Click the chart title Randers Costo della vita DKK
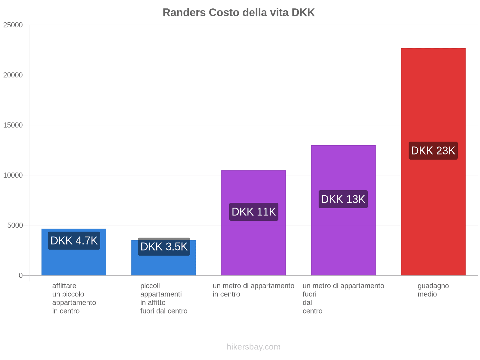pos(238,13)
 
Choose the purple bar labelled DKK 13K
pos(343,240)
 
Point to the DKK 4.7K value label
pos(74,241)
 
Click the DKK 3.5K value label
pos(164,247)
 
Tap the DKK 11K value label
pos(253,212)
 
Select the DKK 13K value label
pos(343,199)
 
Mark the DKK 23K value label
pos(433,151)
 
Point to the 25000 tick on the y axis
pos(13,25)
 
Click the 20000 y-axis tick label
pos(13,75)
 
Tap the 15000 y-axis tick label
pos(13,125)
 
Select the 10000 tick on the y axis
pos(13,175)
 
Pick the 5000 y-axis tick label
pos(15,225)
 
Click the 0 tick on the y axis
pos(21,275)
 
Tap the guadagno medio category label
pos(433,290)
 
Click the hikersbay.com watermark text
pos(253,347)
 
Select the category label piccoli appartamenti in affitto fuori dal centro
pos(163,298)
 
